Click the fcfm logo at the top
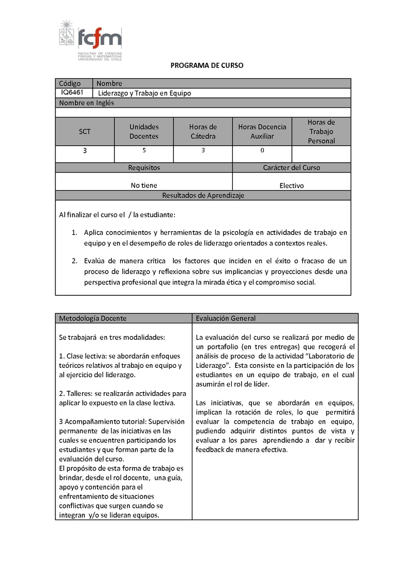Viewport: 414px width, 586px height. pyautogui.click(x=91, y=40)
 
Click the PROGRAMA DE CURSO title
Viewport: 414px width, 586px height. pyautogui.click(x=207, y=66)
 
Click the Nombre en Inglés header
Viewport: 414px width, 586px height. pyautogui.click(x=86, y=103)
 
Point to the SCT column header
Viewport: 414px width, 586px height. pyautogui.click(x=85, y=132)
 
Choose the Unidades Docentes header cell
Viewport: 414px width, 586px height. pyautogui.click(x=144, y=132)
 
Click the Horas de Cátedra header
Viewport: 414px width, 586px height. pyautogui.click(x=203, y=132)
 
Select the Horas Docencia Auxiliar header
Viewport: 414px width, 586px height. pyautogui.click(x=262, y=132)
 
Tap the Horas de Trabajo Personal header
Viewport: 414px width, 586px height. pyautogui.click(x=321, y=132)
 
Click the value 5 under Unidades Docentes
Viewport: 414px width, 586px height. pyautogui.click(x=144, y=150)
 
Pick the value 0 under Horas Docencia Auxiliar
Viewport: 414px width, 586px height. pyautogui.click(x=262, y=150)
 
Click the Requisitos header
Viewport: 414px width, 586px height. pyautogui.click(x=144, y=167)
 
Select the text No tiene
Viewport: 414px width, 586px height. pyautogui.click(x=144, y=185)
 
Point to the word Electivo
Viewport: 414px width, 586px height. pyautogui.click(x=292, y=185)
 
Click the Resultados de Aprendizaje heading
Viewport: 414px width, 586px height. pyautogui.click(x=203, y=195)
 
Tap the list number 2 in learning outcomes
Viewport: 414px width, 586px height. pyautogui.click(x=74, y=261)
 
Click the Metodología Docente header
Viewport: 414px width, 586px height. pyautogui.click(x=93, y=318)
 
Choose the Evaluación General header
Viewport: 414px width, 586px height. pyautogui.click(x=226, y=318)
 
